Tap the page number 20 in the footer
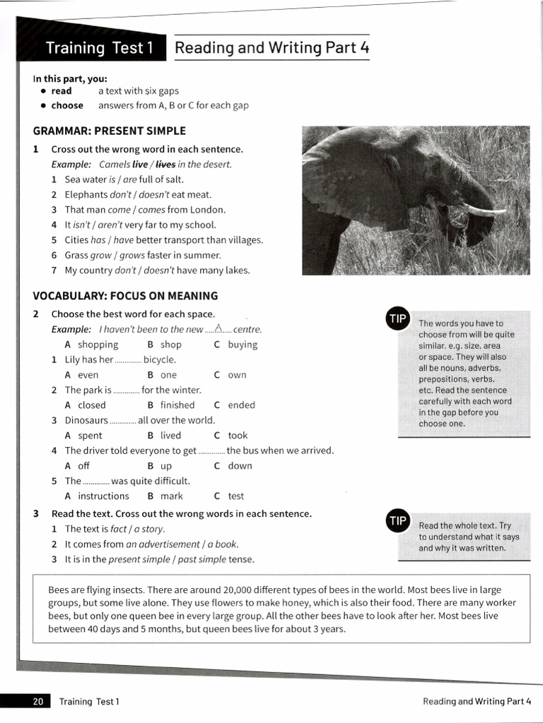point(37,701)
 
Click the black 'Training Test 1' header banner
point(99,48)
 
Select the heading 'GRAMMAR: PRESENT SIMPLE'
point(110,131)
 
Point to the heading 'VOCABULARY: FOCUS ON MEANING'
point(125,296)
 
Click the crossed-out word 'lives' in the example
point(165,165)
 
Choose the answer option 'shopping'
point(98,345)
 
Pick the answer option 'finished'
point(177,405)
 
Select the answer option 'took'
point(238,436)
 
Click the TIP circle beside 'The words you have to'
point(397,318)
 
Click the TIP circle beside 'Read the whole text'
point(397,521)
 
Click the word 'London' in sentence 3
point(206,210)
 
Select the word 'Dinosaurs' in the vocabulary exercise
point(86,420)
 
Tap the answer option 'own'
point(237,375)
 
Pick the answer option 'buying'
point(243,345)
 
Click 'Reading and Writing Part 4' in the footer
point(477,701)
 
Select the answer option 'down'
point(240,466)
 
